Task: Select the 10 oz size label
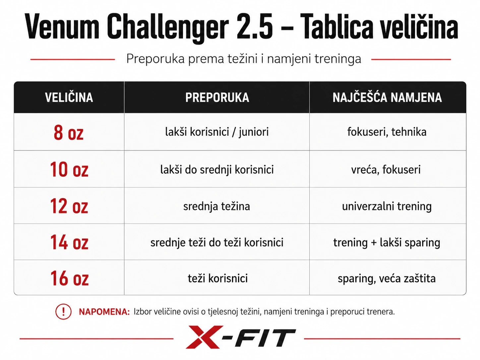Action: [69, 169]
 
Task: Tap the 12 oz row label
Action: [69, 206]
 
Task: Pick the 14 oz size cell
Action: [69, 242]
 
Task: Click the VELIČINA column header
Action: [69, 97]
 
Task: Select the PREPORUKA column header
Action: [217, 97]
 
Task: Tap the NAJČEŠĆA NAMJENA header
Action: [387, 97]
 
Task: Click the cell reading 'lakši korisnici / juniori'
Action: [217, 132]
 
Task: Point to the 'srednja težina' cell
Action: [216, 206]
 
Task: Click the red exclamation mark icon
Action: [63, 312]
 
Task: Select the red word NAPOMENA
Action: [104, 312]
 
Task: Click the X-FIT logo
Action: [241, 337]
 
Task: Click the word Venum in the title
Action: [62, 27]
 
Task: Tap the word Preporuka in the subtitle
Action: [155, 59]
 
